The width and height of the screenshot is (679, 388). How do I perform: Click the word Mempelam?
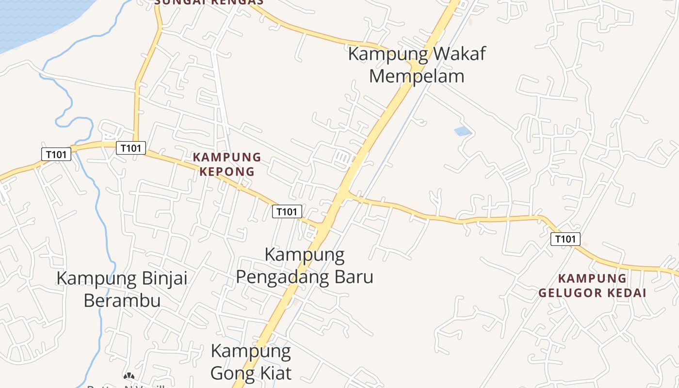(417, 76)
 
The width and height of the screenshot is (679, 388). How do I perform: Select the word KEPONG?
(226, 171)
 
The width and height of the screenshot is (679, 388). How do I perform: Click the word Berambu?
(122, 300)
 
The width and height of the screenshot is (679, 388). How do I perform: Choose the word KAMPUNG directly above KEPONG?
(226, 157)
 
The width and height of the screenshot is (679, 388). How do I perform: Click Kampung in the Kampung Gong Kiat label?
(251, 351)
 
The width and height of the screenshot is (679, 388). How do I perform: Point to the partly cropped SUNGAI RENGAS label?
(209, 2)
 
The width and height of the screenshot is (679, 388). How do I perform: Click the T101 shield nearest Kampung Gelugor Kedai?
(565, 239)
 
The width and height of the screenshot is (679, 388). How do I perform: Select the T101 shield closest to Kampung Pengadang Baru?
(287, 211)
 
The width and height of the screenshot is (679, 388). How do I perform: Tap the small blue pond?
(462, 131)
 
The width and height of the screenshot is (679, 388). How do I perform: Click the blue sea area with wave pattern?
(39, 19)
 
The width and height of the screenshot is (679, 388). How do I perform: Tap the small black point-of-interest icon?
(129, 375)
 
